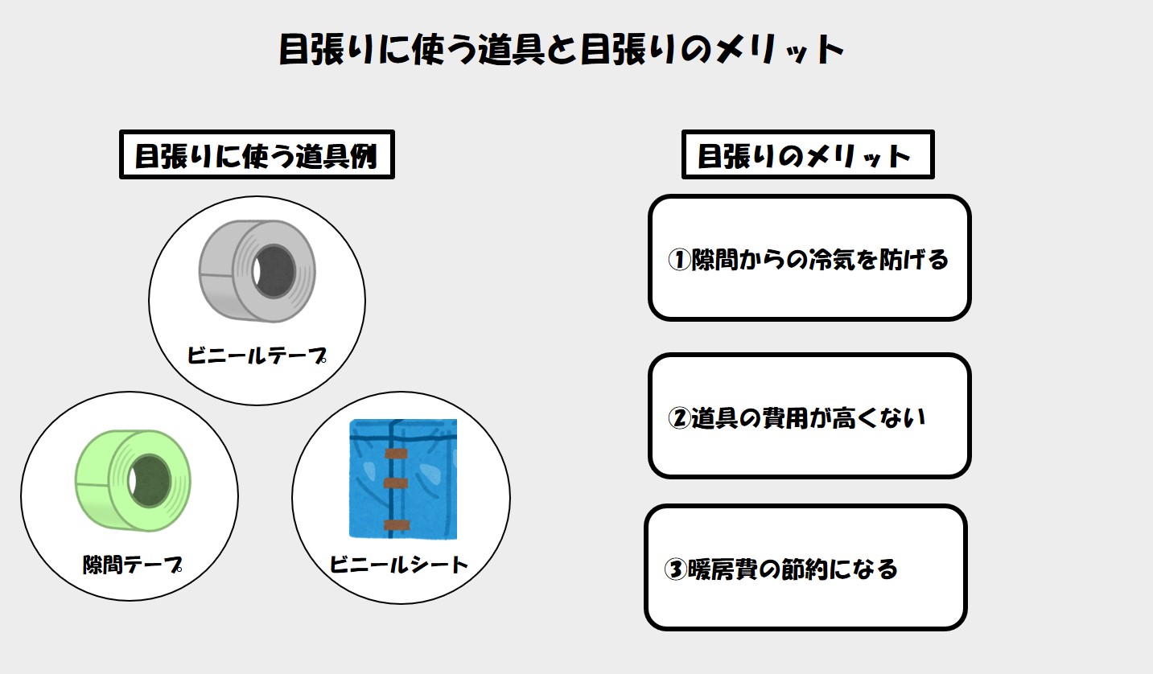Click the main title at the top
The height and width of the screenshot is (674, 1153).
point(561,49)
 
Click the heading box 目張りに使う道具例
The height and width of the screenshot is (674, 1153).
point(257,154)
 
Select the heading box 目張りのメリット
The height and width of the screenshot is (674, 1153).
point(808,154)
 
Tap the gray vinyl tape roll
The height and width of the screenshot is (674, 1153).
point(257,270)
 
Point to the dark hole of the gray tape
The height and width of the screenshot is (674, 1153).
point(274,271)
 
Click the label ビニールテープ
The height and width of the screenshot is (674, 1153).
point(257,355)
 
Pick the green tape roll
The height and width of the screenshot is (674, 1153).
point(133,480)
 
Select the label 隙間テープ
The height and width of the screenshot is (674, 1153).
point(132,565)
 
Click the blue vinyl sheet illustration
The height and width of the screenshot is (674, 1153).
point(403,479)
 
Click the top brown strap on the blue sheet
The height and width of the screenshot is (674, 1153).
point(396,454)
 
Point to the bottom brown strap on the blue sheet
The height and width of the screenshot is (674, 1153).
point(397,525)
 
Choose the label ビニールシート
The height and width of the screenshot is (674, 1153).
point(398,565)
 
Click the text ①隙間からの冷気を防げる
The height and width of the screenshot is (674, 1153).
point(808,259)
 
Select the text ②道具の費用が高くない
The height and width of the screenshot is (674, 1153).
point(797,417)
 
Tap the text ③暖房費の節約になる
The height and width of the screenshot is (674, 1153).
point(780,569)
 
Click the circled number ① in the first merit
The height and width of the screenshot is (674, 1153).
point(679,260)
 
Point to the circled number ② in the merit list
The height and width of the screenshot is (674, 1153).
point(679,418)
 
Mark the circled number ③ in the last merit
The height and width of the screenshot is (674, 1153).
point(675,569)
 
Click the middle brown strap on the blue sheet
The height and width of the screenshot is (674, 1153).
point(396,483)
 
